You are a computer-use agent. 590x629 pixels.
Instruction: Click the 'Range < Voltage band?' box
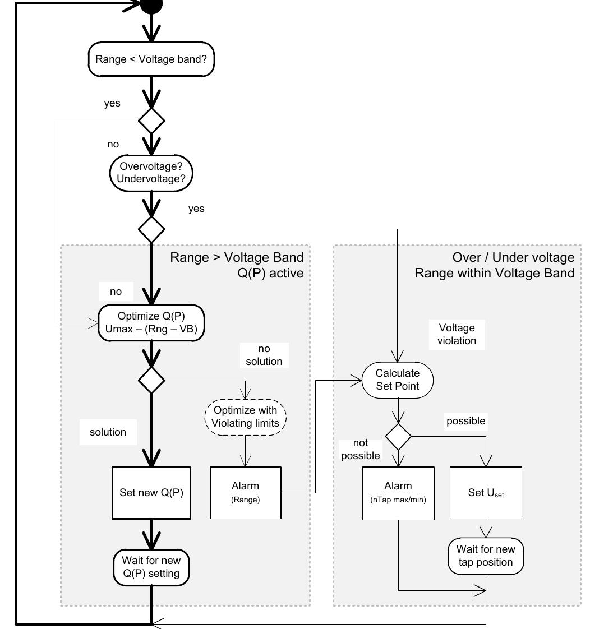151,59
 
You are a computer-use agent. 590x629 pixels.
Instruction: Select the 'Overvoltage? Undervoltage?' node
152,173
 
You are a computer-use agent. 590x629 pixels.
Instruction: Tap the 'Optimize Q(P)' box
151,323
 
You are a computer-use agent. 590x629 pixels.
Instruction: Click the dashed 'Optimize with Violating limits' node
245,417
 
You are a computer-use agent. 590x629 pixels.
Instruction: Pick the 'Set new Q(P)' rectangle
151,493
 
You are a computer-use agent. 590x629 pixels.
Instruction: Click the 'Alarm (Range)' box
245,493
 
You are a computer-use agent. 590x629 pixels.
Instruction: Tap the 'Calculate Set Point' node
398,379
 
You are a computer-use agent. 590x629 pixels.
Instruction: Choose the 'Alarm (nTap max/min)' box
398,493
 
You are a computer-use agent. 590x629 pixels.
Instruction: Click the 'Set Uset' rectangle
486,493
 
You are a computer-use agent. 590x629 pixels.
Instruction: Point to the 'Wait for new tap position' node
486,556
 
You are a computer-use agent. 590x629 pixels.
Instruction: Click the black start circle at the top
151,6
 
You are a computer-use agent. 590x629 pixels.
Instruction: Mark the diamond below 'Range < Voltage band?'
151,121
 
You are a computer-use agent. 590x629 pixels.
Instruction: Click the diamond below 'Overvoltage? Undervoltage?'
151,229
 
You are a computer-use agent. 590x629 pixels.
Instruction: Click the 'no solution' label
264,355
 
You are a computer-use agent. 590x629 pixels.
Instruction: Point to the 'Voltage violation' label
457,334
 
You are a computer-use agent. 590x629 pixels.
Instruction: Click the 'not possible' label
360,449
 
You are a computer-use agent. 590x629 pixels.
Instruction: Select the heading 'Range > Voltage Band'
237,257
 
